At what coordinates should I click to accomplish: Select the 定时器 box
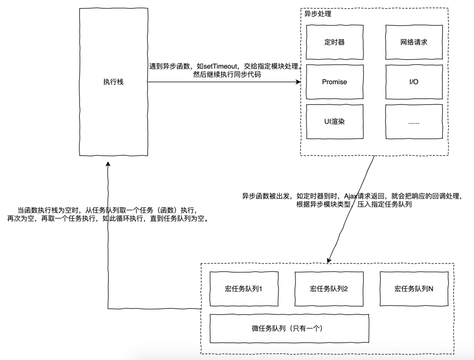tap(334, 42)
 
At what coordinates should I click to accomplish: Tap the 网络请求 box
tap(414, 42)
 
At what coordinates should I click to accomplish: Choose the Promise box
tap(334, 82)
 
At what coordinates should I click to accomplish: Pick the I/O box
tap(414, 82)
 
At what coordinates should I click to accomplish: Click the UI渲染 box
tap(334, 122)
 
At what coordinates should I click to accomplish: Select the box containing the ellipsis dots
tap(414, 122)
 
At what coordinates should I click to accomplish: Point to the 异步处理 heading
tap(318, 14)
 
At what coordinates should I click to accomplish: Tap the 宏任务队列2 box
tap(329, 289)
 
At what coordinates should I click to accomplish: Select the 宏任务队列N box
tap(414, 289)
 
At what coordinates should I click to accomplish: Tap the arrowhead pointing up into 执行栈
tap(108, 163)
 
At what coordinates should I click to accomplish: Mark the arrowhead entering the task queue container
tap(328, 260)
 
